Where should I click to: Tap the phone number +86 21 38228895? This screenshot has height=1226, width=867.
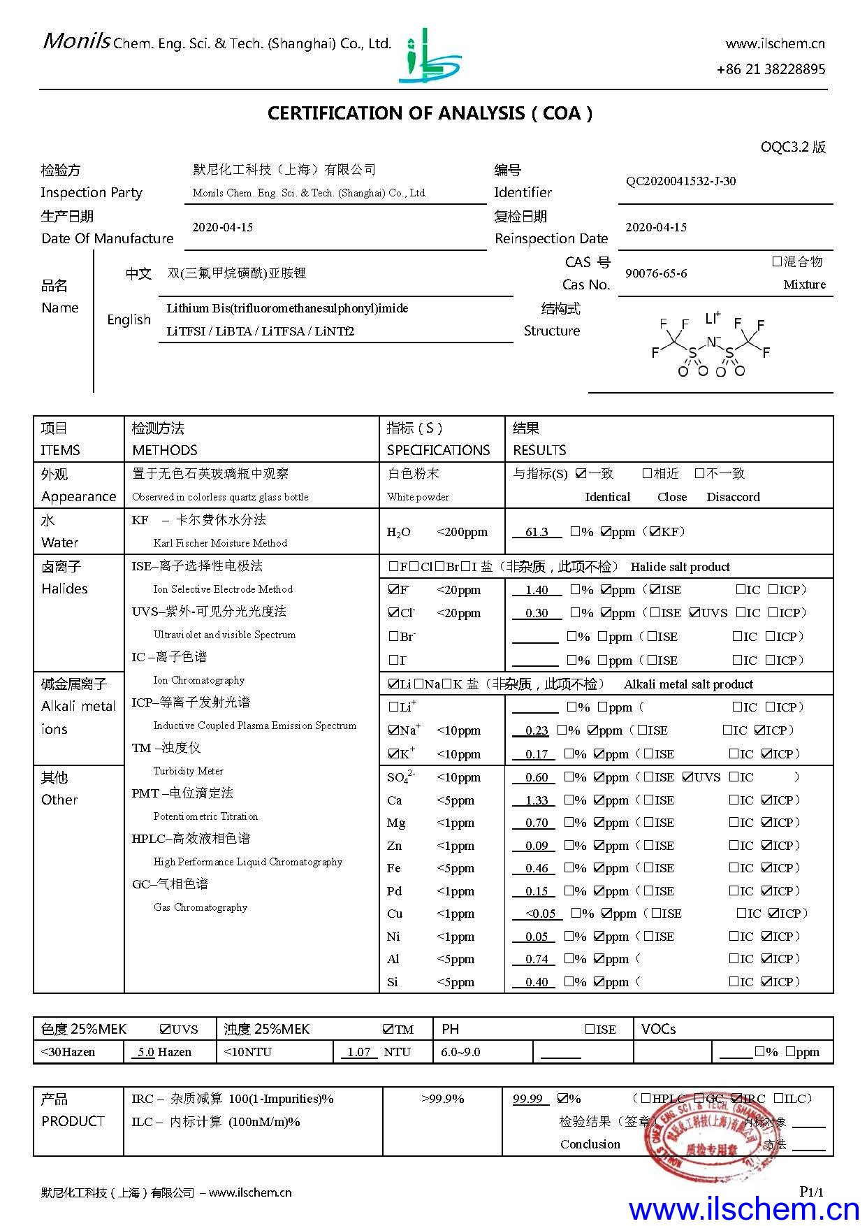click(771, 69)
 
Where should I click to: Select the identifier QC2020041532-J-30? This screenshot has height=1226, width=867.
click(680, 182)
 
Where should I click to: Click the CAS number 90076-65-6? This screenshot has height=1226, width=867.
click(655, 273)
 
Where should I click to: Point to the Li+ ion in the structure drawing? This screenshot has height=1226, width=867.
click(712, 319)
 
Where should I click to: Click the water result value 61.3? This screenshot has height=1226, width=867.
click(537, 532)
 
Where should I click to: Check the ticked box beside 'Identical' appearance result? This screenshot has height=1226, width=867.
click(581, 474)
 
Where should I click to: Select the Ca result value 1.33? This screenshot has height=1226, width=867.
click(537, 800)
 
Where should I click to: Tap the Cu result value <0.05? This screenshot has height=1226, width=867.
click(540, 914)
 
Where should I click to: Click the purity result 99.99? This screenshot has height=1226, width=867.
click(527, 1099)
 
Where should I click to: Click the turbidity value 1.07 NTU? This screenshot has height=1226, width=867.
click(358, 1052)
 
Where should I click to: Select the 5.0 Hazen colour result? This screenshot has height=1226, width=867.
click(145, 1052)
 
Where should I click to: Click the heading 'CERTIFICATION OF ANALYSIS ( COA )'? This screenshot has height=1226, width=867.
click(430, 113)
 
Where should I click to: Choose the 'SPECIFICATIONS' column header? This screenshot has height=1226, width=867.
click(438, 450)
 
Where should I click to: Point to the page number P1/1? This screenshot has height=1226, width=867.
click(811, 1192)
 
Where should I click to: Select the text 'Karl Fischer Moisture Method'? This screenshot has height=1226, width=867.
click(220, 543)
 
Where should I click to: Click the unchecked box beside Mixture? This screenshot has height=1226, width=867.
click(776, 261)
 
